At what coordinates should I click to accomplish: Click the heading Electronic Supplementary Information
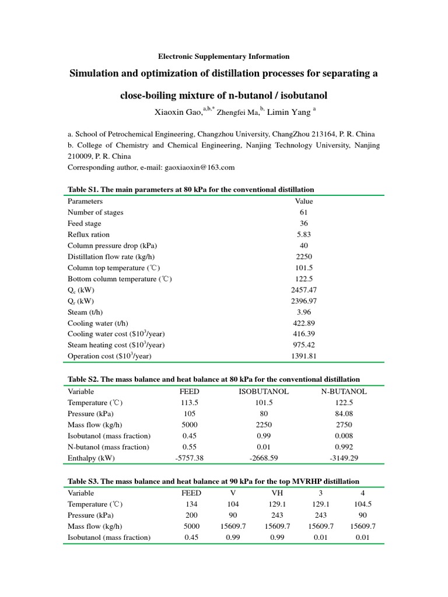(x=224, y=57)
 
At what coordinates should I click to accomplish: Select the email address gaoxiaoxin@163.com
(x=198, y=167)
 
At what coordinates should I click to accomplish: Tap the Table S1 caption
(x=191, y=189)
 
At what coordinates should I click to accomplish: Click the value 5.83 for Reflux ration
(x=304, y=234)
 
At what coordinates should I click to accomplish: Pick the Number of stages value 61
(x=304, y=212)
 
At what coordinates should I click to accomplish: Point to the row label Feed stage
(x=85, y=223)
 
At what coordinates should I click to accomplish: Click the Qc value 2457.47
(x=304, y=290)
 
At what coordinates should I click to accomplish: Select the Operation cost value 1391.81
(x=304, y=356)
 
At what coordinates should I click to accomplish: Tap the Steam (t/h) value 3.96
(x=304, y=312)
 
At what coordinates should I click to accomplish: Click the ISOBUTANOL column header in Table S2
(x=264, y=391)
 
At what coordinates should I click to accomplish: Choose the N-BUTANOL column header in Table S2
(x=344, y=391)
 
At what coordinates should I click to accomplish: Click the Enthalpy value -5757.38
(x=189, y=458)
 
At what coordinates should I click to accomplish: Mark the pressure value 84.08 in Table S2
(x=344, y=413)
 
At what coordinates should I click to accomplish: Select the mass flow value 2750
(x=344, y=424)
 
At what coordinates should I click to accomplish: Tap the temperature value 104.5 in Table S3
(x=363, y=504)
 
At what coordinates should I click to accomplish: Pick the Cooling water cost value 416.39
(x=304, y=334)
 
